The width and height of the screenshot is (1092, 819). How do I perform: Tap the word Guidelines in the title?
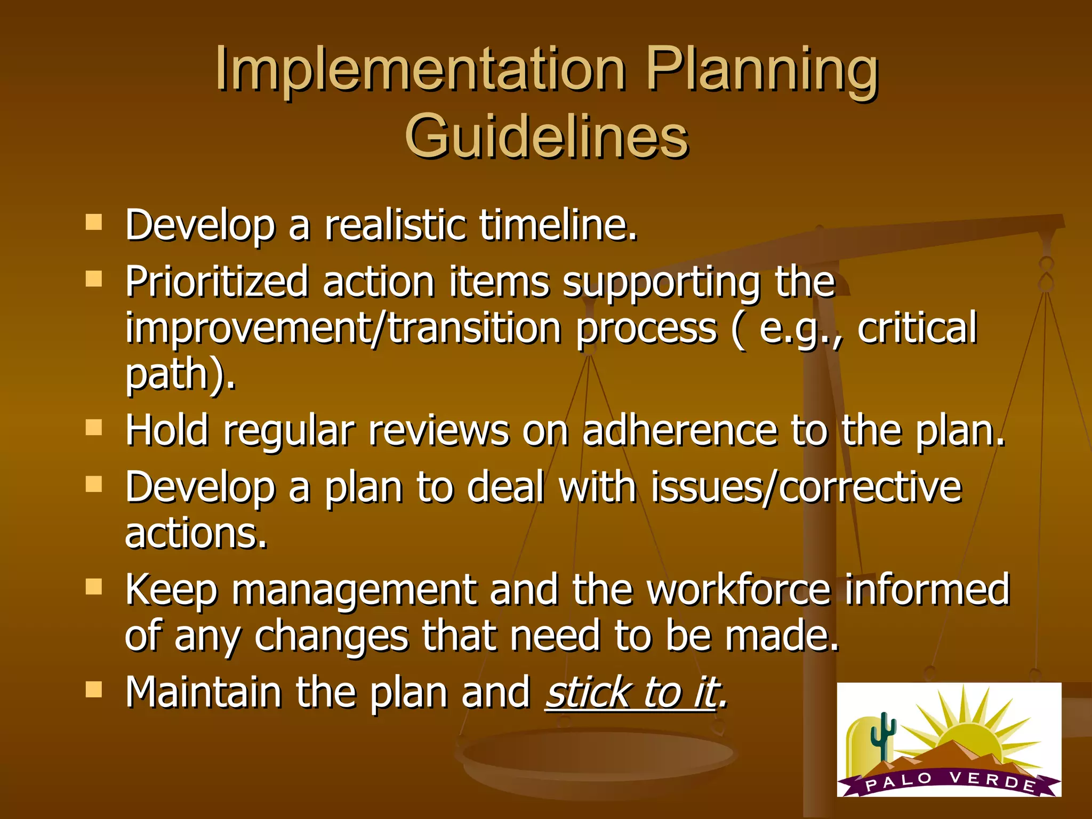coord(547,138)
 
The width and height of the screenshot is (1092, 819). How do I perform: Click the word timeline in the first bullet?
coord(558,225)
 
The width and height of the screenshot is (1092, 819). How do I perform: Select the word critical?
coord(917,328)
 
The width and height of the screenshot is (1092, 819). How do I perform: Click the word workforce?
coord(738,590)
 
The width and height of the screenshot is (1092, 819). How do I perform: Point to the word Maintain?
coord(203,692)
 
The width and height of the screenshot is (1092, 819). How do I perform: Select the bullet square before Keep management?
coord(94,587)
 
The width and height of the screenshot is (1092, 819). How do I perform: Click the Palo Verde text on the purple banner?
coord(950,781)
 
